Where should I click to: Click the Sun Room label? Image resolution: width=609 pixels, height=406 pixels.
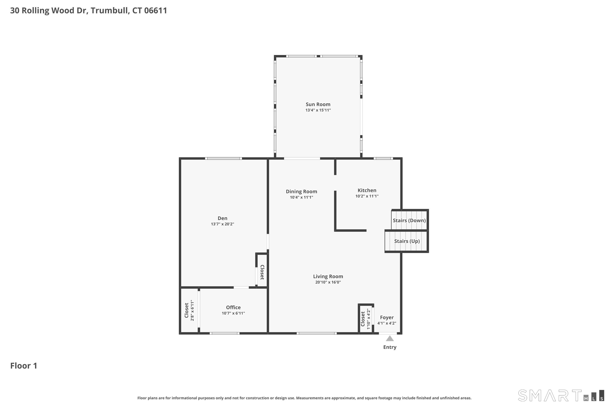pos(318,104)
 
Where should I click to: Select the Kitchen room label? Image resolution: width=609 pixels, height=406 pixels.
pos(367,190)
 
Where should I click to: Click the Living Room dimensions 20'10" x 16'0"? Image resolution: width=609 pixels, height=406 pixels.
pos(328,282)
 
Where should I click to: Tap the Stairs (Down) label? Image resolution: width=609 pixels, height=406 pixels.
pos(409,220)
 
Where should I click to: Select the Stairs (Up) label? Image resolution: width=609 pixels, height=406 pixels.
pos(407,241)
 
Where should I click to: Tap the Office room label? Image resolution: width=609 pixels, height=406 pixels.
pos(233,307)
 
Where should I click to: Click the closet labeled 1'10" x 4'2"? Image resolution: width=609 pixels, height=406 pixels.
pos(365,319)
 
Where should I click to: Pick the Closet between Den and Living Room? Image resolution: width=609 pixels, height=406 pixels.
pos(262,272)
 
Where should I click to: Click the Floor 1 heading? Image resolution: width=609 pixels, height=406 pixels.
pos(24,366)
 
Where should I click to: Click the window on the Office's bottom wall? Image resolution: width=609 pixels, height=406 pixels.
pos(224,333)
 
